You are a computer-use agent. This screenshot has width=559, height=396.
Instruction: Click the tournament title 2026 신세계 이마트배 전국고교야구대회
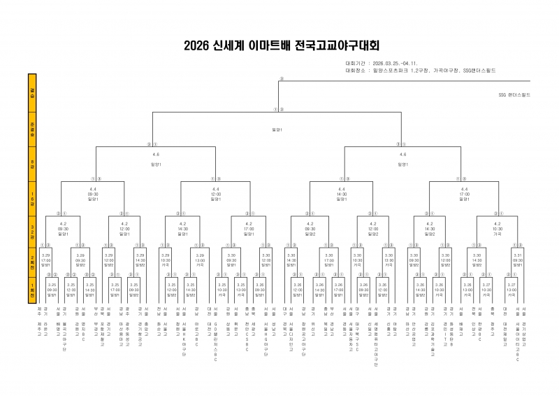(280, 46)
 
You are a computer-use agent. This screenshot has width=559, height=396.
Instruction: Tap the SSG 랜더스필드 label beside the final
(514, 94)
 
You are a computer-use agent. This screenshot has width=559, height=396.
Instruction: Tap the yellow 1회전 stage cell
(31, 290)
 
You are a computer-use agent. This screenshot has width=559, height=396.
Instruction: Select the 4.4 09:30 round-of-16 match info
(94, 194)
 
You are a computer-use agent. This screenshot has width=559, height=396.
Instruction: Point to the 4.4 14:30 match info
(341, 194)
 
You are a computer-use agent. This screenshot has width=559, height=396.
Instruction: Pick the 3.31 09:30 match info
(518, 260)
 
